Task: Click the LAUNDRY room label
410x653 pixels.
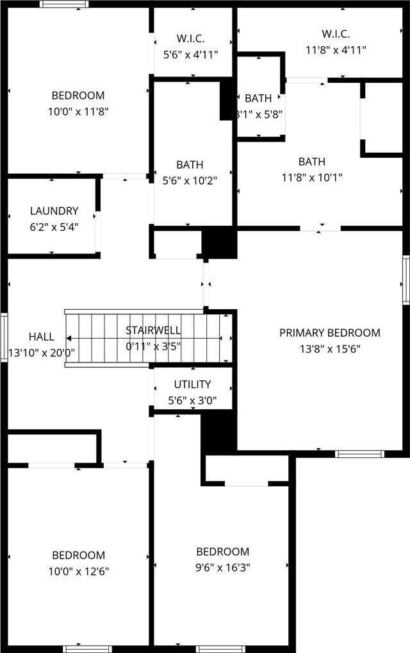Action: tap(54, 211)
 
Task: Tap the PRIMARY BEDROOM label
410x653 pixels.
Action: tap(330, 333)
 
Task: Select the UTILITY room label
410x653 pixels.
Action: tap(192, 384)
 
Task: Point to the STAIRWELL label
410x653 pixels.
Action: tap(153, 330)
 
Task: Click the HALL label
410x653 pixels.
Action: tap(41, 337)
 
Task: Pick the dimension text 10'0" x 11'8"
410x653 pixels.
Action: tap(78, 112)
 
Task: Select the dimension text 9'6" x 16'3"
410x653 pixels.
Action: tap(223, 568)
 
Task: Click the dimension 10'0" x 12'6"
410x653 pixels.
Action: tap(79, 572)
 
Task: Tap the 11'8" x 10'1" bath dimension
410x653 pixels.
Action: tap(312, 178)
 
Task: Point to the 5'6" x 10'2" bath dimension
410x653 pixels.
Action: tap(190, 181)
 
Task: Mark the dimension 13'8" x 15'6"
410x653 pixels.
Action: tap(330, 349)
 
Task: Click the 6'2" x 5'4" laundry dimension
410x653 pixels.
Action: tap(54, 227)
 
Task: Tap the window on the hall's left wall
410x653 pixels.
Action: tap(4, 338)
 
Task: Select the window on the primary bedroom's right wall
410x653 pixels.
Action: tap(406, 280)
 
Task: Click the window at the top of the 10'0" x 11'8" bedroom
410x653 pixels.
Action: tap(65, 4)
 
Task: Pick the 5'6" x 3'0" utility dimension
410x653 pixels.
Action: tap(192, 401)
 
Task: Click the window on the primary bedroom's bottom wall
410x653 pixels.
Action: tap(359, 454)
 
